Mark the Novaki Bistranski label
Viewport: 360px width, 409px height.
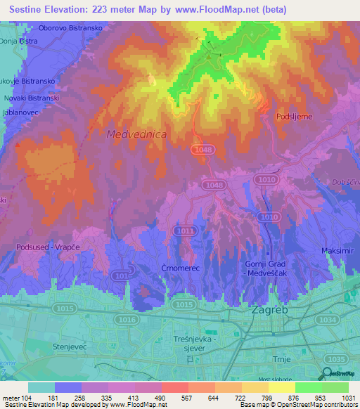pos(27,98)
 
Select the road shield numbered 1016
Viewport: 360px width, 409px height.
pos(128,320)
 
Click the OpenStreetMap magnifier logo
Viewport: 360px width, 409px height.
pos(327,374)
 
